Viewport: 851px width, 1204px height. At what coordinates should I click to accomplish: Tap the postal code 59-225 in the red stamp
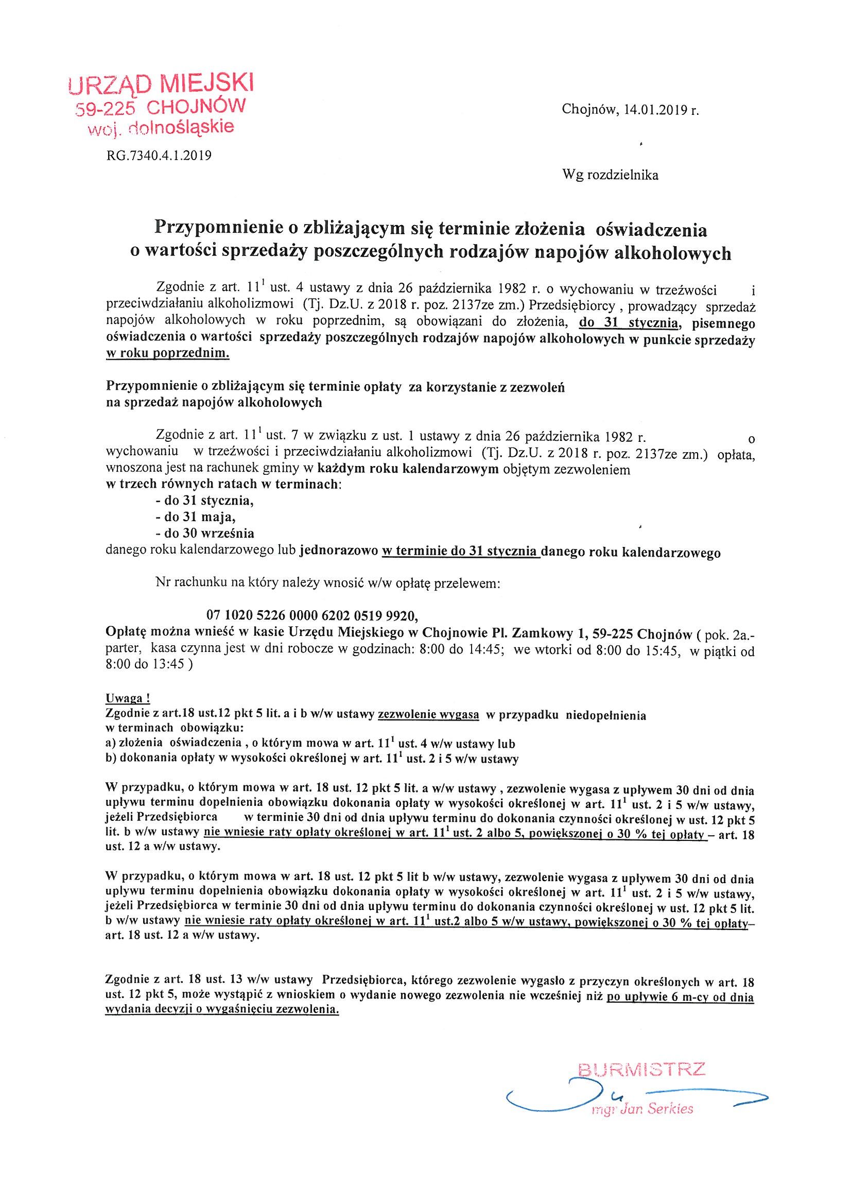click(106, 109)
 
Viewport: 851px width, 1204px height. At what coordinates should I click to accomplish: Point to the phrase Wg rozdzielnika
click(610, 176)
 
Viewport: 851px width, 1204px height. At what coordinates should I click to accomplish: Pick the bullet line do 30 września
click(205, 534)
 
